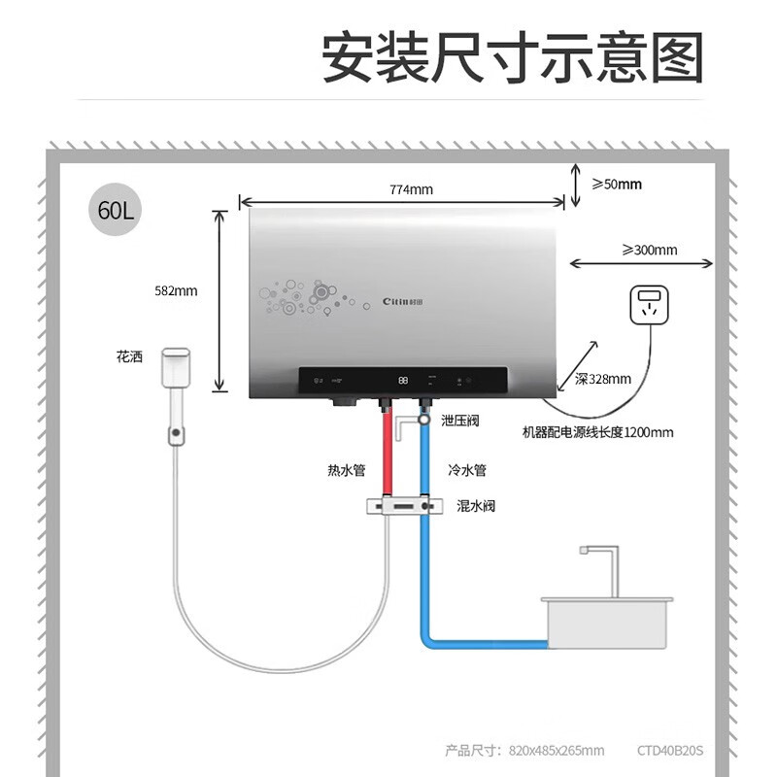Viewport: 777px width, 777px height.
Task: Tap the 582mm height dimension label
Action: point(176,290)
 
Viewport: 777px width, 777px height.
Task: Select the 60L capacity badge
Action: point(116,210)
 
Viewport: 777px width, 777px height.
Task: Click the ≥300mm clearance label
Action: point(650,250)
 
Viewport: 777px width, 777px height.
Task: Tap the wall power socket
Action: point(648,304)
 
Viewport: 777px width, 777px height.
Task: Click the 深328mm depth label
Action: point(602,379)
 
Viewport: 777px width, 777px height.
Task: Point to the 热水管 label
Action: point(346,470)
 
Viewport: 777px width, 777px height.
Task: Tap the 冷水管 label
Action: point(467,470)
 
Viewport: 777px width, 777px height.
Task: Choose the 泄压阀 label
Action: point(460,421)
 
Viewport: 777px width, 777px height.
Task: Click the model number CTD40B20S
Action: point(670,750)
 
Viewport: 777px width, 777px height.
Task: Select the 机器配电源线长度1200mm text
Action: point(597,432)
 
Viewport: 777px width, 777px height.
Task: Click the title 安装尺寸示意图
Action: point(512,58)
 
